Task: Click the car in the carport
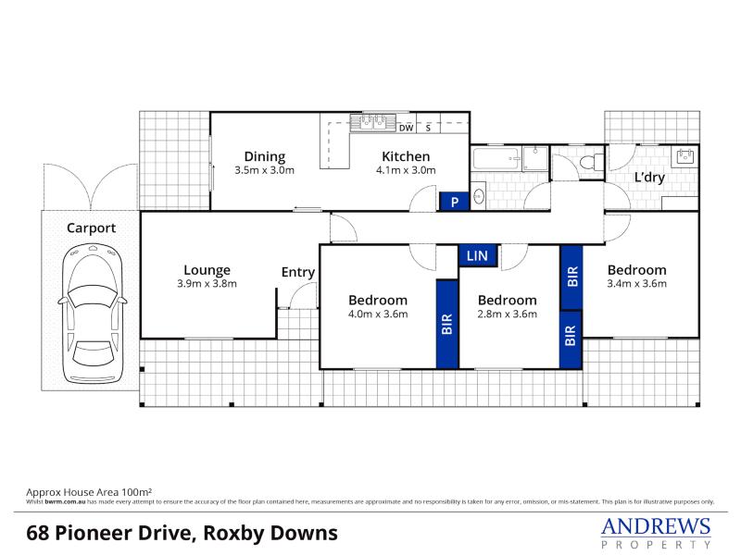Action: click(x=93, y=314)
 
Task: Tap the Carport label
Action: click(x=91, y=228)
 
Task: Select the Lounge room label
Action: click(x=207, y=270)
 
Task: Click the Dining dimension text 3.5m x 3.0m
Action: click(x=265, y=170)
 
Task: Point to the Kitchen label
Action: click(x=406, y=156)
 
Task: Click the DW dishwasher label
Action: click(x=406, y=128)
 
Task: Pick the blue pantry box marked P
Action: click(x=454, y=202)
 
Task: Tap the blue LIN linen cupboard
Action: click(x=477, y=256)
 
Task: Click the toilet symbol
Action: click(x=592, y=163)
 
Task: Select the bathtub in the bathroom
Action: click(x=496, y=158)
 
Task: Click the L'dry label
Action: click(x=649, y=178)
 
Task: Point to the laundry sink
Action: click(x=684, y=156)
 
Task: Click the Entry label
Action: click(x=298, y=272)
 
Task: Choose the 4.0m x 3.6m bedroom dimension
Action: click(x=378, y=314)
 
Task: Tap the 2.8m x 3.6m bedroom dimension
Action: click(x=507, y=314)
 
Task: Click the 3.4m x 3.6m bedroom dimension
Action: click(x=637, y=284)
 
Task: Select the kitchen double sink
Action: click(x=373, y=122)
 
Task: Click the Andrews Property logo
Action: click(x=656, y=533)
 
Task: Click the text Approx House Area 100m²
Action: click(x=89, y=492)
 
